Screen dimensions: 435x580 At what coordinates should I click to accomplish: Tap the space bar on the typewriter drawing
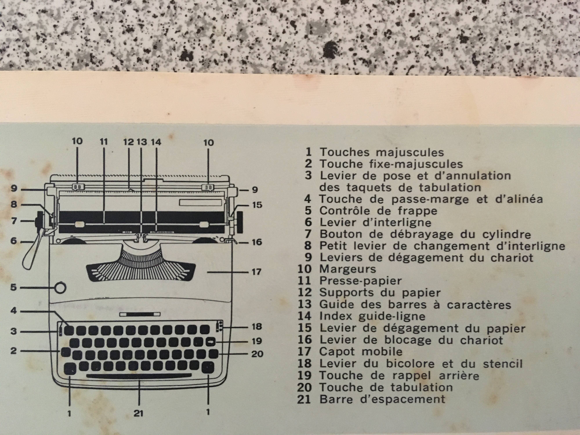(139, 376)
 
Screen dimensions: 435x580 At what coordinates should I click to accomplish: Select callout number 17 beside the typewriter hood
(257, 272)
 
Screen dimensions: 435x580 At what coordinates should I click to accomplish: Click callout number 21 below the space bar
(138, 414)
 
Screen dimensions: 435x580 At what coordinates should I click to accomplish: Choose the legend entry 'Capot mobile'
(360, 352)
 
